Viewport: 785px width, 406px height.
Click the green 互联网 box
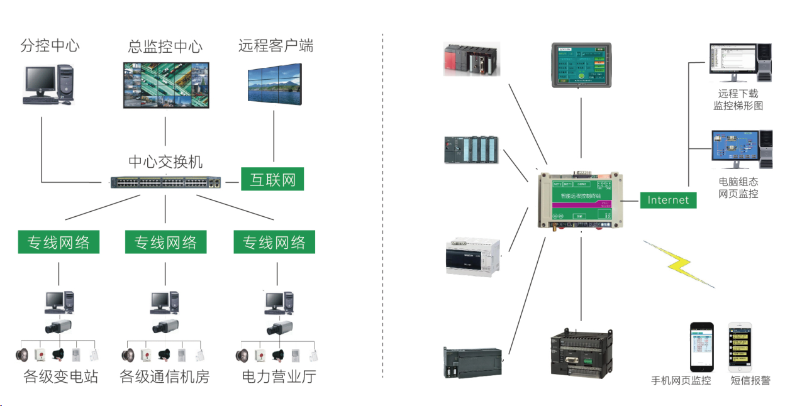coord(273,179)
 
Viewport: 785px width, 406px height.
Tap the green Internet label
coord(668,200)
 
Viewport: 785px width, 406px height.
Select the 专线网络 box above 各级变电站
coord(58,243)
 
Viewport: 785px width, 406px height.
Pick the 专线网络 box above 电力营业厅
coord(274,243)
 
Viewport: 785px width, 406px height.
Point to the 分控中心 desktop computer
coord(46,84)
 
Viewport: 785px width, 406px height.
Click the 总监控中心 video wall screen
coord(165,85)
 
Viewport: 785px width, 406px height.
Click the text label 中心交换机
coord(165,162)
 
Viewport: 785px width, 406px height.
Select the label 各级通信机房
coord(165,377)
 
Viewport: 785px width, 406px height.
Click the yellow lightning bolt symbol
coord(679,264)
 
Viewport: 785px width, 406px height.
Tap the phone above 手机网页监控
coord(701,347)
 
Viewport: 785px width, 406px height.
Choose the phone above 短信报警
coord(741,347)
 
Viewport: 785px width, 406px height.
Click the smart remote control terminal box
coord(581,199)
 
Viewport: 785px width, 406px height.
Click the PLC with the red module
coord(472,59)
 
